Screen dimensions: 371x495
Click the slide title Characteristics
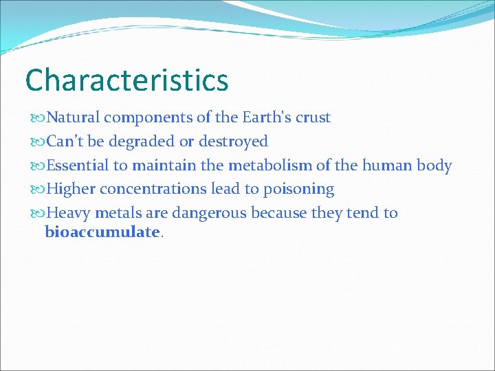[x=126, y=80]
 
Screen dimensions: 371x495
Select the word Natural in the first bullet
[x=71, y=117]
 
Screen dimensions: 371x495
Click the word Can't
[x=65, y=142]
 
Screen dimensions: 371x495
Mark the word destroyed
[x=233, y=142]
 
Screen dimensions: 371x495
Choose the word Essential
[x=76, y=166]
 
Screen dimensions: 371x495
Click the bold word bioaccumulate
[x=102, y=232]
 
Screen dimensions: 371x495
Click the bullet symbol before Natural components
[x=36, y=118]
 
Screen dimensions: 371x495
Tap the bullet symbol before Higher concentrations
[x=36, y=190]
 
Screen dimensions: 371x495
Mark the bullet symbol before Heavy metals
[x=36, y=214]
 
